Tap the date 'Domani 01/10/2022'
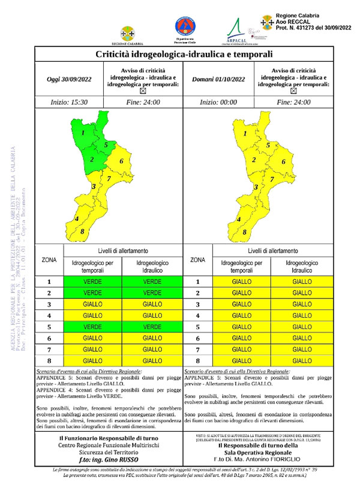click(x=219, y=79)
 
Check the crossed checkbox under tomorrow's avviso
click(x=294, y=92)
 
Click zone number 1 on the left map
click(x=83, y=132)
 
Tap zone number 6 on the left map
click(x=121, y=161)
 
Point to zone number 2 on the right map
click(x=254, y=160)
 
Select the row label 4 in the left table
click(x=49, y=315)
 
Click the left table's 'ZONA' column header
click(x=49, y=259)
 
